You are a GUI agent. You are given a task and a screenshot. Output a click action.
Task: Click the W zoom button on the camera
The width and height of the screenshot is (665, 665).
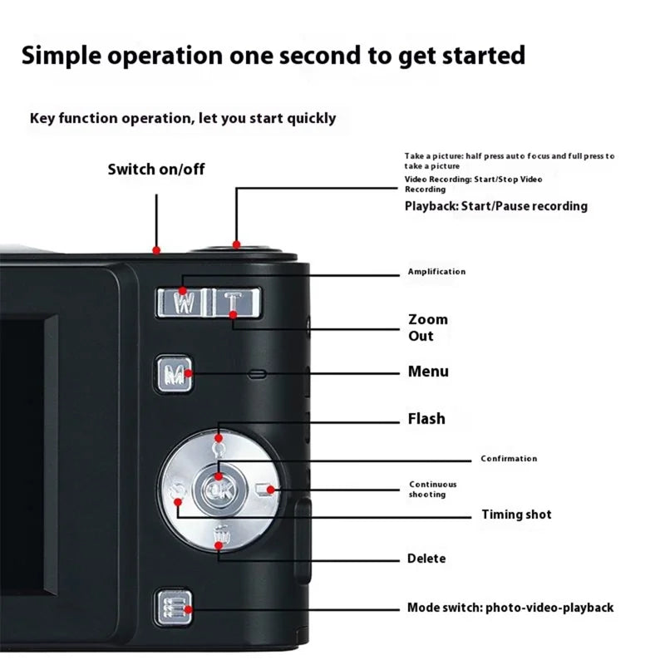tap(185, 303)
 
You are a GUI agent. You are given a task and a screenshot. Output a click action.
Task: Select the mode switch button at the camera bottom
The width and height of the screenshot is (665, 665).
tap(175, 608)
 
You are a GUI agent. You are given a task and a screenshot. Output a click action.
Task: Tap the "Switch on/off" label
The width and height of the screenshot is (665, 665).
tap(156, 170)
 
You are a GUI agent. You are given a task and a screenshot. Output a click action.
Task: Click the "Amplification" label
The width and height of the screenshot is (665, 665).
tap(436, 272)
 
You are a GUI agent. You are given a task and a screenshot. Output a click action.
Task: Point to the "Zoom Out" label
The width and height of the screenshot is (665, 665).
tap(427, 328)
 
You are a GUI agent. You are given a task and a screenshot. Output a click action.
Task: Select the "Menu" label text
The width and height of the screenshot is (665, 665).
tap(428, 372)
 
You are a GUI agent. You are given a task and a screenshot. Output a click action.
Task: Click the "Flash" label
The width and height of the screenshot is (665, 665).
tap(426, 419)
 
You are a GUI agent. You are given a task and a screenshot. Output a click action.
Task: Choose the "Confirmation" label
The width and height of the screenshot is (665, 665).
tap(509, 459)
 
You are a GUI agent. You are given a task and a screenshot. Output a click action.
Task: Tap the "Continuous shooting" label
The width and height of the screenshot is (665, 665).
tap(432, 490)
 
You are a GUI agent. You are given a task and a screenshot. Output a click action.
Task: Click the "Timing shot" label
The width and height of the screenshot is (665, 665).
tap(516, 515)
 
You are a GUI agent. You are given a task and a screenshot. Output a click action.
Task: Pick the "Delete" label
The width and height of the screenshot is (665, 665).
tap(426, 559)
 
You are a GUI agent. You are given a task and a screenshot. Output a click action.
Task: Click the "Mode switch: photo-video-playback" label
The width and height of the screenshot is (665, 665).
tap(510, 608)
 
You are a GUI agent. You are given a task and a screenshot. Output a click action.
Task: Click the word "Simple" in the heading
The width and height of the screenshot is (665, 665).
tap(63, 56)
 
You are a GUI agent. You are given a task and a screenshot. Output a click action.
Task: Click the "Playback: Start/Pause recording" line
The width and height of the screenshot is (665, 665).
tap(495, 206)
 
